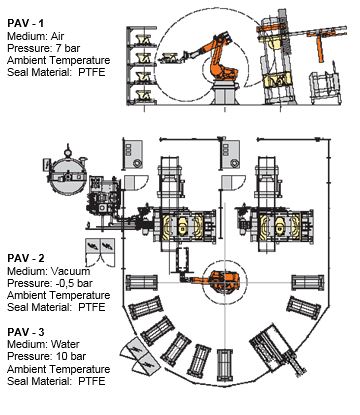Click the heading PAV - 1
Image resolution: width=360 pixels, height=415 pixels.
click(x=25, y=23)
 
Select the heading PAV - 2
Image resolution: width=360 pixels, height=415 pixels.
click(x=26, y=258)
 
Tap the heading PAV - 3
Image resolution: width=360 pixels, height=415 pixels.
click(x=26, y=332)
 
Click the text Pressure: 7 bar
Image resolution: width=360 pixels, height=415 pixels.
click(x=44, y=48)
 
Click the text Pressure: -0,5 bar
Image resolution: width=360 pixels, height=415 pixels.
click(x=50, y=283)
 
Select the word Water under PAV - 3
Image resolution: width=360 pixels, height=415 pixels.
click(x=65, y=344)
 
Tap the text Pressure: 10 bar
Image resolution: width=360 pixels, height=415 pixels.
click(x=47, y=356)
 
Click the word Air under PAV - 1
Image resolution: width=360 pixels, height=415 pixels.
click(x=57, y=36)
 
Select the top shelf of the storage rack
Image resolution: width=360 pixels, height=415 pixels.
click(x=143, y=39)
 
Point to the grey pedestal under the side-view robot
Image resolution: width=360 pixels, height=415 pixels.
click(x=224, y=92)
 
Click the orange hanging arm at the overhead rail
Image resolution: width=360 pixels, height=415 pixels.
click(x=320, y=47)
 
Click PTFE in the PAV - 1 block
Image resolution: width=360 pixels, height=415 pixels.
click(x=92, y=72)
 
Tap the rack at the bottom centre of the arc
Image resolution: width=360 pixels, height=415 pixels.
click(x=224, y=366)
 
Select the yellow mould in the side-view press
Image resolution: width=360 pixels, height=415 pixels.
click(x=274, y=81)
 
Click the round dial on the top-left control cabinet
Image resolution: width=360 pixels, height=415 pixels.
click(x=137, y=164)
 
